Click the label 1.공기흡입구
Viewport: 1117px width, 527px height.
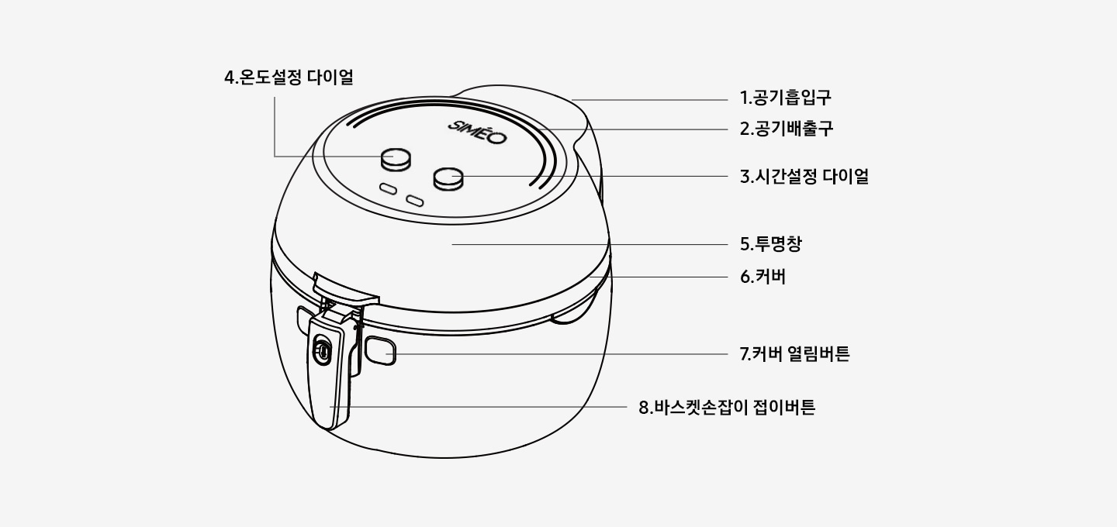click(x=785, y=98)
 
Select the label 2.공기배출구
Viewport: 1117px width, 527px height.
click(x=786, y=129)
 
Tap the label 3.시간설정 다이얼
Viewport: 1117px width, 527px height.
click(x=804, y=176)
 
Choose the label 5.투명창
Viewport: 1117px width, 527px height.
click(x=770, y=244)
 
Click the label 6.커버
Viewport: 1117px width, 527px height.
click(x=763, y=276)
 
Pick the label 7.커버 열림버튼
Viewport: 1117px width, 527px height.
click(x=794, y=354)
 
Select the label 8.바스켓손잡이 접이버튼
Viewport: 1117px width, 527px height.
click(x=727, y=407)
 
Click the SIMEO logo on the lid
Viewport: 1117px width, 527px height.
click(x=477, y=132)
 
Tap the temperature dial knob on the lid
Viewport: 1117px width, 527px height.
click(x=396, y=160)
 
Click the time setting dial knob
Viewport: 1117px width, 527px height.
click(x=448, y=178)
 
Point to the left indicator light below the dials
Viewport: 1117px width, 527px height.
click(x=387, y=189)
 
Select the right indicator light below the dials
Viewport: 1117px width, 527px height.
click(x=415, y=201)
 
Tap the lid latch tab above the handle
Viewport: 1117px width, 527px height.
click(x=344, y=288)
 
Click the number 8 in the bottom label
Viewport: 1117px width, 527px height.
click(x=644, y=407)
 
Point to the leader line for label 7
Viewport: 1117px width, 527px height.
click(x=558, y=354)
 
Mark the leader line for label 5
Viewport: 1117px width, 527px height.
click(x=590, y=244)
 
